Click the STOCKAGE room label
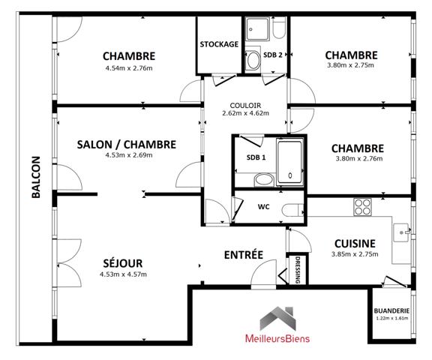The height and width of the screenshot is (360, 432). pos(219,44)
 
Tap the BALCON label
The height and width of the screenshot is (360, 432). pos(36,177)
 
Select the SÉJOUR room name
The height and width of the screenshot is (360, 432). pos(123,263)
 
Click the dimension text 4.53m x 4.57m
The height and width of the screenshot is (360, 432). pos(123,274)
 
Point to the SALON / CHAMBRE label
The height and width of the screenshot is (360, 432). pos(127,145)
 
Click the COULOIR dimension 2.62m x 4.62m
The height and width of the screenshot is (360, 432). pos(245,113)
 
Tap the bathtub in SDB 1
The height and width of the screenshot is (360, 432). pos(289,163)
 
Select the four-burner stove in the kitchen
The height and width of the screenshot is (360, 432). pos(362,207)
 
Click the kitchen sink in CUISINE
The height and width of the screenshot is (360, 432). pos(401,232)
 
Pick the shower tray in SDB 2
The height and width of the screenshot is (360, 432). pos(257,29)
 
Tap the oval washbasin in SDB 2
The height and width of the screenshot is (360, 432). pos(253,60)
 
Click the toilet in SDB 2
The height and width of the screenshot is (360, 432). pos(279,28)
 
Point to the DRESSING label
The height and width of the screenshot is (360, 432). pos(298,270)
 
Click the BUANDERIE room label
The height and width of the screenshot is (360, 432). pos(391,310)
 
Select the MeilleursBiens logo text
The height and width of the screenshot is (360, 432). pos(277,338)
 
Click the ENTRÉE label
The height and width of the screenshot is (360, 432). pos(244,255)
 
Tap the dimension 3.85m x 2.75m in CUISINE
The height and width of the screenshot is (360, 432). pos(355,254)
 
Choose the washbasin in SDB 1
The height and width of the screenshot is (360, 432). pos(264,180)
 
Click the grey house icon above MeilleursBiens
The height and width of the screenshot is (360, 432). pos(277,319)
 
